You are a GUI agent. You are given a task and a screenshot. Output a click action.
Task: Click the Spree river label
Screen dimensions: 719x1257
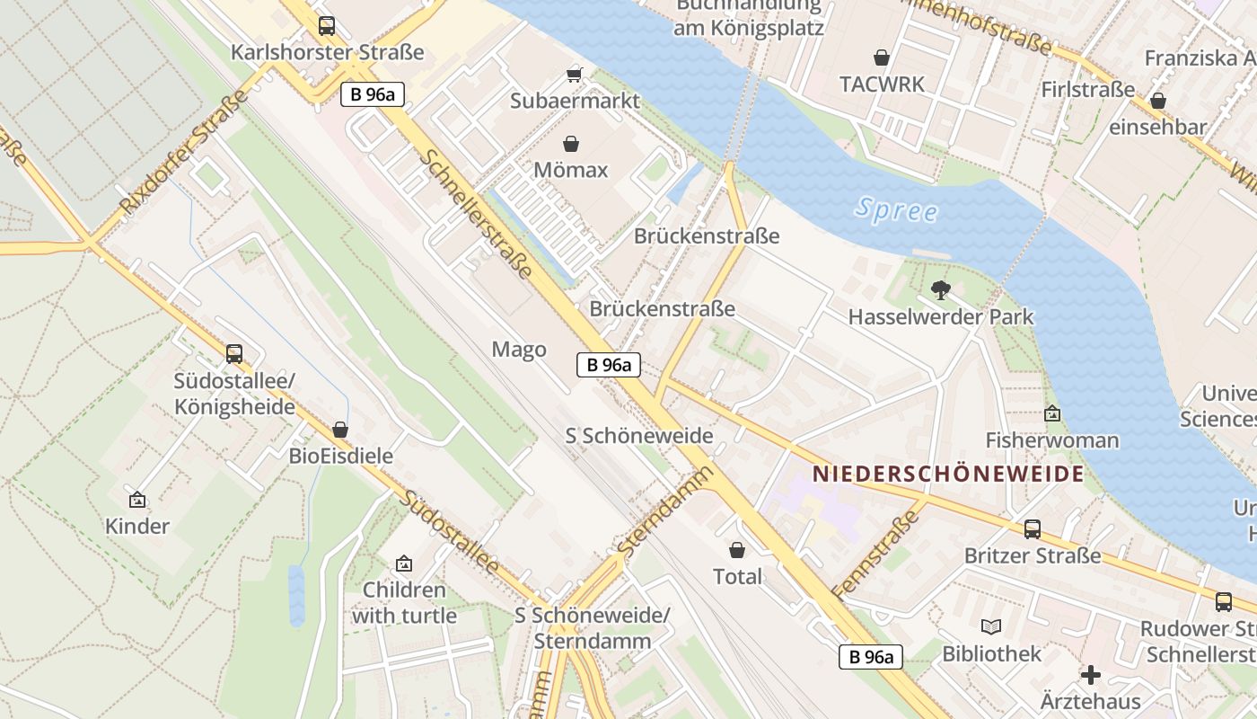[x=896, y=210]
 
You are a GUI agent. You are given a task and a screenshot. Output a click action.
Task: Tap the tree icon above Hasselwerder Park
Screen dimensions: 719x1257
[x=941, y=289]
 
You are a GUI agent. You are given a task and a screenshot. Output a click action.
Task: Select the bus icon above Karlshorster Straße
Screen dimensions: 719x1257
[x=327, y=26]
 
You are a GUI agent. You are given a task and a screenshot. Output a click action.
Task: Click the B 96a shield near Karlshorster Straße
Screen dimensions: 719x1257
[x=373, y=94]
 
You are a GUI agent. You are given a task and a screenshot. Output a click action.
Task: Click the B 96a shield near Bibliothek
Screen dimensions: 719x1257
[x=872, y=657]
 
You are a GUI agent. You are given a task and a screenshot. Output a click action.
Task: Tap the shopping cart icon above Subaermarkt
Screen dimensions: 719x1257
[x=575, y=75]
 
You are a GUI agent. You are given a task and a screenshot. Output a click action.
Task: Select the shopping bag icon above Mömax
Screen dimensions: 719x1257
[x=571, y=144]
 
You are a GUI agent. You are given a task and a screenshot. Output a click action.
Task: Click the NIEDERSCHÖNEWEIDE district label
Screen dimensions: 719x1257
[x=948, y=474]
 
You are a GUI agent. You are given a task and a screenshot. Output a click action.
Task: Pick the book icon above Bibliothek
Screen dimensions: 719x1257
[x=991, y=626]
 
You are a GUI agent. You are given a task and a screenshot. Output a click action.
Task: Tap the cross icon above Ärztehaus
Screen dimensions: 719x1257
[x=1091, y=674]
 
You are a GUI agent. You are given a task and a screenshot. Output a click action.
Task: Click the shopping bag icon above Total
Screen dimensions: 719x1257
[x=737, y=550]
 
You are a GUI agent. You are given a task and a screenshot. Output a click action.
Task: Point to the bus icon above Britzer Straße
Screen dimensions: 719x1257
[x=1033, y=529]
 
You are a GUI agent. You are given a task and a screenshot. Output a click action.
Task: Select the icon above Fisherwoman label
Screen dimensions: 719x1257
[x=1052, y=413]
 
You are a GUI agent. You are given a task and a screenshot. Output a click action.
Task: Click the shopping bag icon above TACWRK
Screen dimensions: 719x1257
[x=882, y=58]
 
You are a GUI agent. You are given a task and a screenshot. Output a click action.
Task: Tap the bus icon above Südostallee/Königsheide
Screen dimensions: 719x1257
[x=234, y=354]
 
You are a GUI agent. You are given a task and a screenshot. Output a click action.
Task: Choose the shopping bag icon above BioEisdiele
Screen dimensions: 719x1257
[x=340, y=430]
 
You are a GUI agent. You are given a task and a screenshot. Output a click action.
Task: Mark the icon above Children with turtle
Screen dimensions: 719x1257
[x=404, y=564]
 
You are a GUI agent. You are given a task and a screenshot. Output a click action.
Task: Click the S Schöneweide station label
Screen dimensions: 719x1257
[x=639, y=436]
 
